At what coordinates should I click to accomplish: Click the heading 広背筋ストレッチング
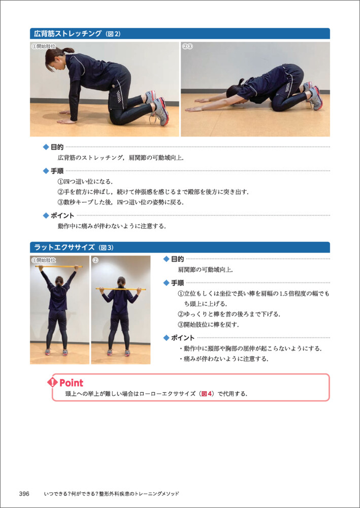coord(68,34)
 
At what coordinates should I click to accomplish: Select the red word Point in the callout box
coord(71,383)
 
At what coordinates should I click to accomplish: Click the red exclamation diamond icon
coord(52,383)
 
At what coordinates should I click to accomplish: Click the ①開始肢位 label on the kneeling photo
coord(43,46)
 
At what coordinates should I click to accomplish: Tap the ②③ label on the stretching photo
coord(188,46)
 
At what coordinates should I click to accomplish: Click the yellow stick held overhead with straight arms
coord(59,267)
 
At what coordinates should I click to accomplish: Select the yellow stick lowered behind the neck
coord(120,289)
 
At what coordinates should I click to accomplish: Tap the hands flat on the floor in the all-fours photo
coord(67,118)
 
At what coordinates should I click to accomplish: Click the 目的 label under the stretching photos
coord(57,147)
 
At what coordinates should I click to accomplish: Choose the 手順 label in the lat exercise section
coord(177,283)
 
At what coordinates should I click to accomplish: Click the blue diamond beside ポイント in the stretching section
coord(46,215)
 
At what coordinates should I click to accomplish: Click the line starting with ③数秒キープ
coord(120,203)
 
